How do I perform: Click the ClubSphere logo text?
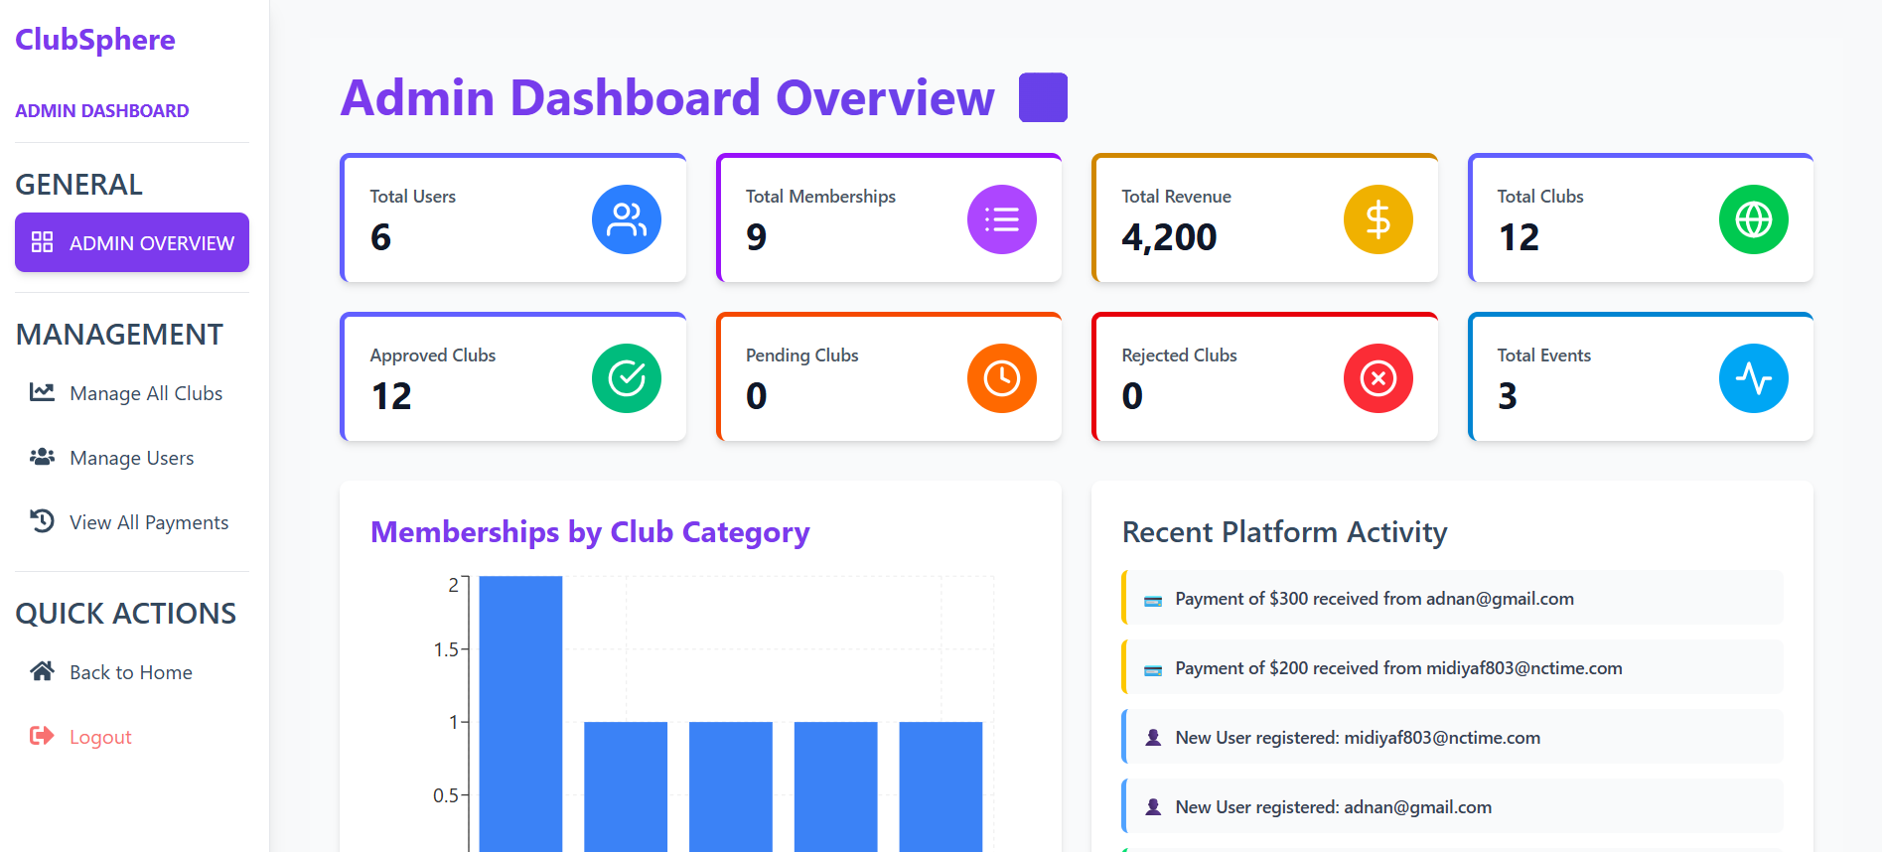click(95, 40)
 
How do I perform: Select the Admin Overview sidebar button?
click(132, 242)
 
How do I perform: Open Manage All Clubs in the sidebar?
click(145, 393)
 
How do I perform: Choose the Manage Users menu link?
click(131, 458)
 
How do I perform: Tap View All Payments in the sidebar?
click(148, 522)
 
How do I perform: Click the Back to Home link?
click(130, 672)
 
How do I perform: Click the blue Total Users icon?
click(627, 219)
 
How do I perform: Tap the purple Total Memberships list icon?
click(1001, 219)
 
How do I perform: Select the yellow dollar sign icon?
click(1377, 219)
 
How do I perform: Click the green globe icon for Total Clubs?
click(1753, 219)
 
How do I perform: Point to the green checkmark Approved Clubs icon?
click(627, 378)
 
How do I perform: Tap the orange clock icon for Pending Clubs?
click(1001, 378)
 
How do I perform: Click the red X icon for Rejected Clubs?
click(1377, 378)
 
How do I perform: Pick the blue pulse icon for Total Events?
click(1753, 378)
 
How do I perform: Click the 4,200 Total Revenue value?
click(1169, 237)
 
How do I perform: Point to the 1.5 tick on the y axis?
click(446, 649)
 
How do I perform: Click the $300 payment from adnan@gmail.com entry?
click(1374, 599)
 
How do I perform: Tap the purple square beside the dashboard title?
click(1043, 97)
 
